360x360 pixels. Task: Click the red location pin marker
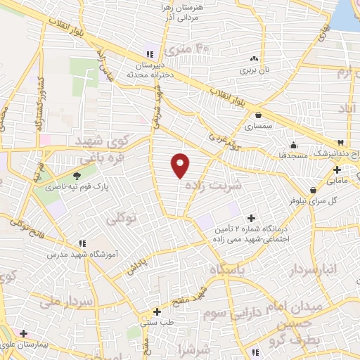[181, 165]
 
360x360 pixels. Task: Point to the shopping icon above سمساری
[259, 115]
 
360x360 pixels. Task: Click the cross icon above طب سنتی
[156, 311]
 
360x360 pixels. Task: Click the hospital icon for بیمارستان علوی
[24, 333]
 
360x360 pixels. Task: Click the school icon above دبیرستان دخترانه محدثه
[148, 54]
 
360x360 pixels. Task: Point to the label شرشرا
[195, 349]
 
